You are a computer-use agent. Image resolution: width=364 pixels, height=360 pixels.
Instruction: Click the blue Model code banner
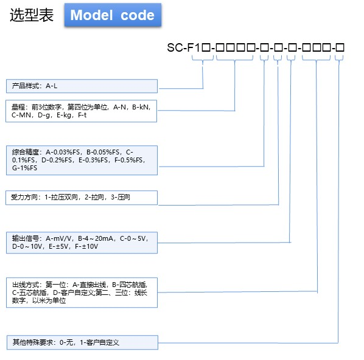click(x=113, y=15)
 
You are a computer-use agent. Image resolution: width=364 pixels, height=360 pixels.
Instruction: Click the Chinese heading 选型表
click(x=32, y=15)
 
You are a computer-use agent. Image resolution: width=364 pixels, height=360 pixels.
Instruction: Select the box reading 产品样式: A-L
click(x=82, y=86)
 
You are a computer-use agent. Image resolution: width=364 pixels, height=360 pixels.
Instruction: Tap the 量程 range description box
click(x=81, y=111)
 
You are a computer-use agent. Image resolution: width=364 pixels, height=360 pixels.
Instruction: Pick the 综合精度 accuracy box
click(x=82, y=160)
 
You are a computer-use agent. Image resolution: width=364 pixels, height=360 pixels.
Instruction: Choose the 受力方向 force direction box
click(x=82, y=198)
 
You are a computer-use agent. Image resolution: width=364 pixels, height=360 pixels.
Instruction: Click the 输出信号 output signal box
click(x=82, y=243)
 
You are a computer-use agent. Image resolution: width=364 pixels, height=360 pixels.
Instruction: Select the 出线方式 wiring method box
click(x=82, y=292)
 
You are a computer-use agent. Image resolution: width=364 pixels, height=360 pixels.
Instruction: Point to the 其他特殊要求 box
click(x=82, y=342)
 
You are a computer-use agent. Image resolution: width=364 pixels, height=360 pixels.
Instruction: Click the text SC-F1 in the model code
click(x=183, y=47)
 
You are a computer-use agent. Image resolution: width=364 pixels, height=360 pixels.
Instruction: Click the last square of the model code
click(x=340, y=47)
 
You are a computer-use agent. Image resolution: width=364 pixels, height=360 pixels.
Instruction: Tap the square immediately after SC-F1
click(x=206, y=47)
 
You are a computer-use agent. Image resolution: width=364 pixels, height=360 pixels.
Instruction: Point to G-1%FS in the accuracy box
click(x=24, y=168)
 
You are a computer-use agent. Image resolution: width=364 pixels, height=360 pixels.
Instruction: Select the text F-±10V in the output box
click(x=86, y=246)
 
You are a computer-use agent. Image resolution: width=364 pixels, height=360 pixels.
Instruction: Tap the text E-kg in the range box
click(x=64, y=116)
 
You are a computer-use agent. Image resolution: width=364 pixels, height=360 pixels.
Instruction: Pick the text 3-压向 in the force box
click(x=121, y=197)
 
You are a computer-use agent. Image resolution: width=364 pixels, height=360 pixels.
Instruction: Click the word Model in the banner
click(x=91, y=15)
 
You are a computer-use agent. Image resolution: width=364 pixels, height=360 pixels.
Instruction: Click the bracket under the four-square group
click(x=234, y=58)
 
